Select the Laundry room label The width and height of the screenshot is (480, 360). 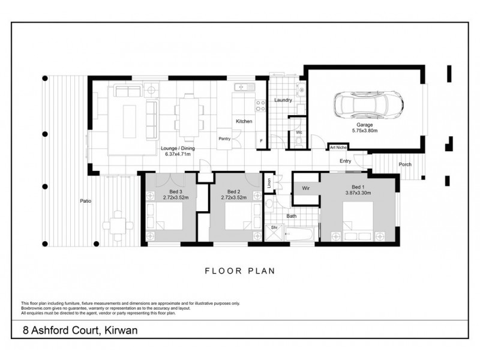[x=283, y=100]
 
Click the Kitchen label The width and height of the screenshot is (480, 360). [x=244, y=121]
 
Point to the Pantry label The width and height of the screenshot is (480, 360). [x=225, y=139]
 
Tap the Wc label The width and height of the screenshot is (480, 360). [x=298, y=132]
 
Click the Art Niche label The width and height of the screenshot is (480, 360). [x=338, y=147]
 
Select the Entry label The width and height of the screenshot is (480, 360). [x=346, y=161]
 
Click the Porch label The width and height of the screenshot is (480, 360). [x=405, y=164]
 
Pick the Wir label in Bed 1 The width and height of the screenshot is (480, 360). [x=305, y=188]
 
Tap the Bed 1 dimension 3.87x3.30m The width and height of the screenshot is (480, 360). [x=359, y=193]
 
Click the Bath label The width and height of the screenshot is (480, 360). [x=292, y=215]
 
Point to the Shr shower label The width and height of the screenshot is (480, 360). [x=273, y=228]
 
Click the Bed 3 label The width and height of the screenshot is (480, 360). [x=167, y=191]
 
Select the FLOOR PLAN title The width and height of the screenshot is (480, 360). [x=240, y=271]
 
